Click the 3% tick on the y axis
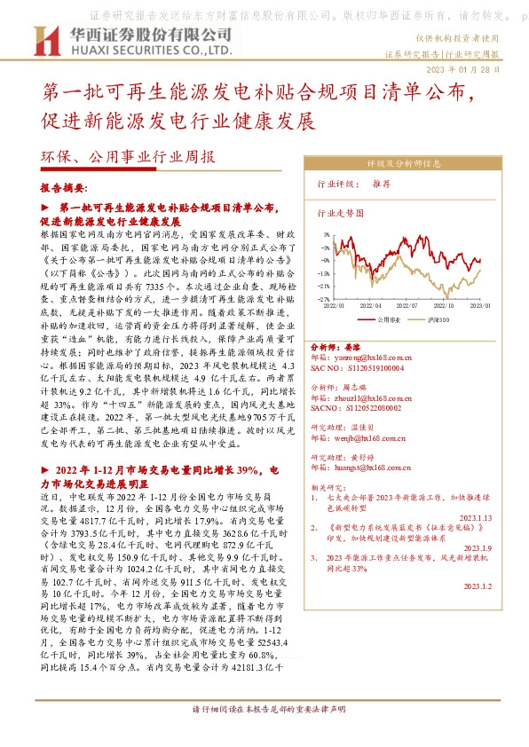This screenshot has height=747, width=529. tap(327, 235)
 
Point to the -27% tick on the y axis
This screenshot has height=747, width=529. tap(325, 299)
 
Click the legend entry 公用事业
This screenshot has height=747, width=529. tap(390, 318)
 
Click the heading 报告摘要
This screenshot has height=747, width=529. tap(64, 189)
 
